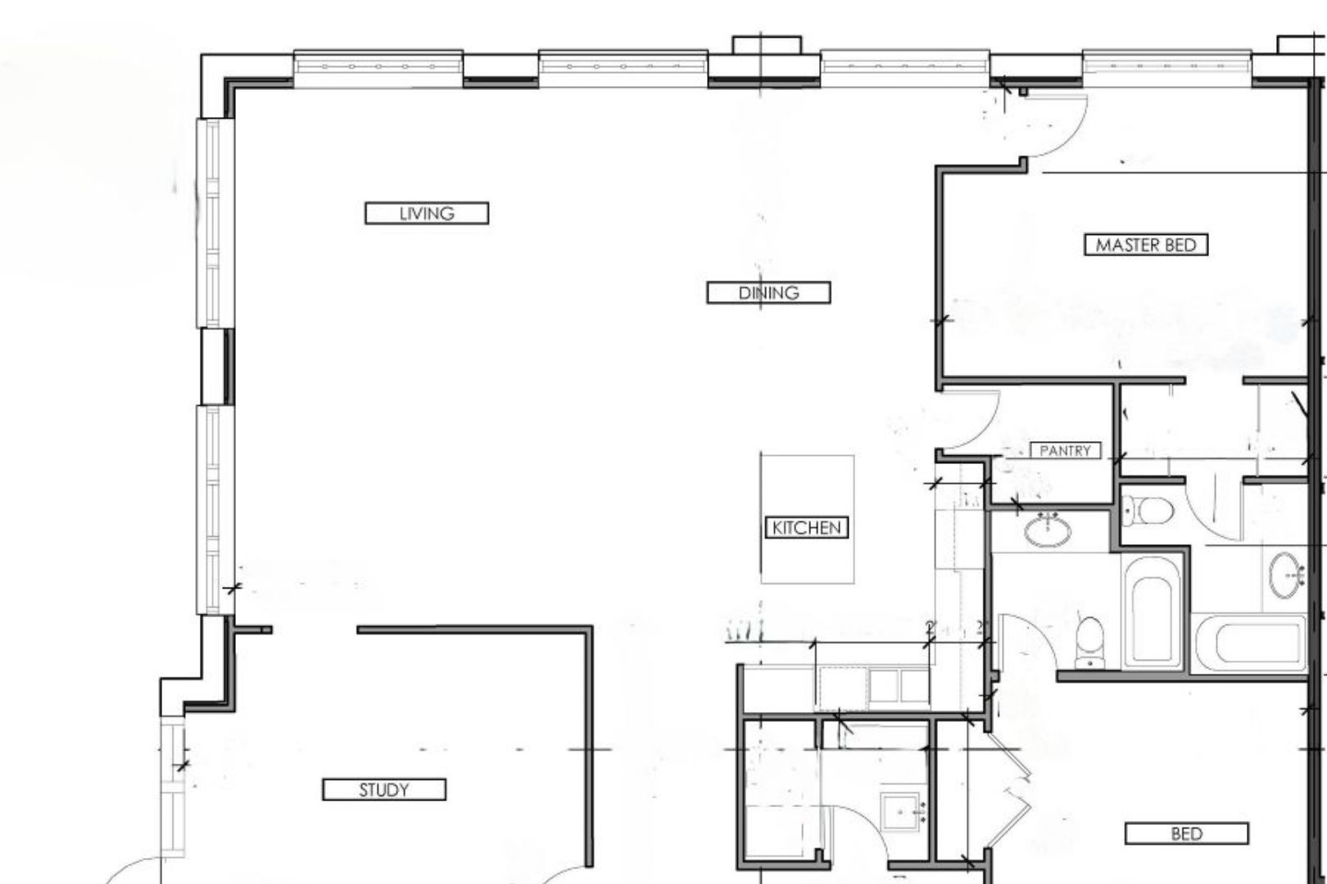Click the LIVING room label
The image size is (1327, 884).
[x=427, y=213]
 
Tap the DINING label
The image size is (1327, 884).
[x=768, y=292]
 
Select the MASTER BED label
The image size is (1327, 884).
[x=1146, y=245]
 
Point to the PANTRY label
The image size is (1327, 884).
[x=1065, y=450]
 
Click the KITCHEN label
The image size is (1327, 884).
[x=806, y=527]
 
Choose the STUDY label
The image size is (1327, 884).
[x=384, y=789]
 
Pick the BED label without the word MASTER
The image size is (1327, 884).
[x=1187, y=834]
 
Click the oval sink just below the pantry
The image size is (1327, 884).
[x=1048, y=530]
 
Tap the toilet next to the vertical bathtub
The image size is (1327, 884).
[x=1090, y=643]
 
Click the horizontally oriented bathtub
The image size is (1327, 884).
[x=1249, y=643]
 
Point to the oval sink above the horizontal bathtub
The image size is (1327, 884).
[x=1286, y=575]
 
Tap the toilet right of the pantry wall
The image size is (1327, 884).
[x=1148, y=511]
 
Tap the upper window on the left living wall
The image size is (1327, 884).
[x=215, y=223]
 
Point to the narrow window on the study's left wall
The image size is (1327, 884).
[x=172, y=787]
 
